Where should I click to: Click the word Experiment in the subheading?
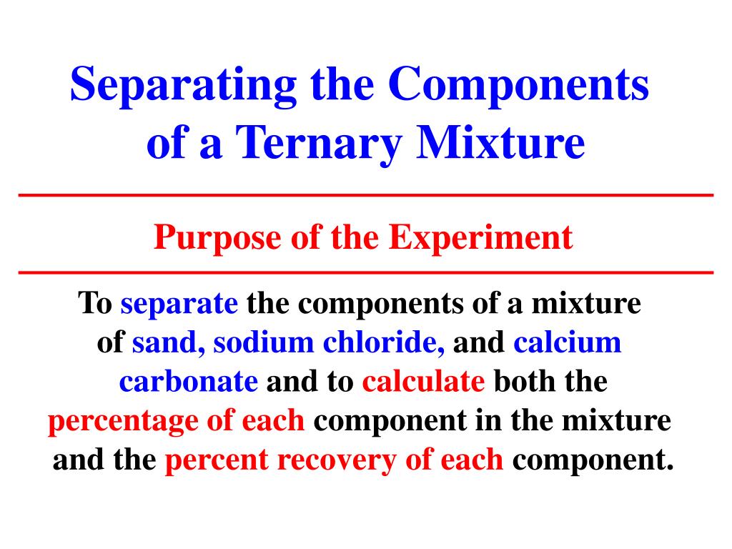coord(481,237)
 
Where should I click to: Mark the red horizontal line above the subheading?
coord(366,195)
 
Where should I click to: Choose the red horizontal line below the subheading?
coord(366,273)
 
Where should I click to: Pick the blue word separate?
coord(179,305)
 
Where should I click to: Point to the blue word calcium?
coord(567,344)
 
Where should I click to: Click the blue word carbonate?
coord(188,382)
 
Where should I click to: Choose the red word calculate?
coord(423,382)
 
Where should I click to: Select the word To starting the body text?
coord(94,305)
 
